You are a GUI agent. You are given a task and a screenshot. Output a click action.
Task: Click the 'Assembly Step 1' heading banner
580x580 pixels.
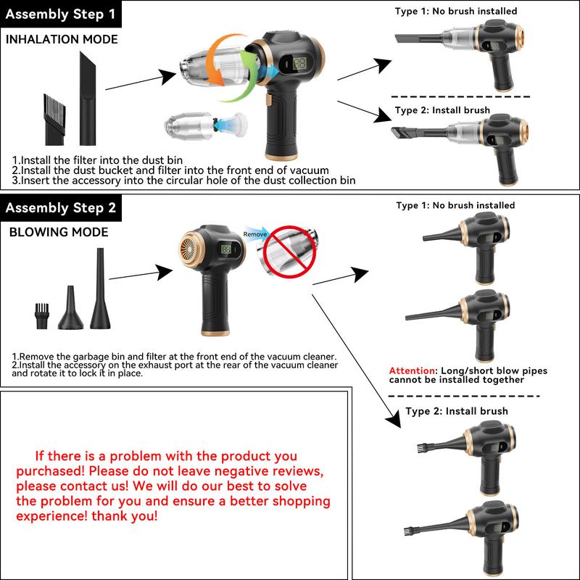click(61, 13)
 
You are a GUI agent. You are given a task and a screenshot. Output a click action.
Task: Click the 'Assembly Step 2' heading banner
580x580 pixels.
click(61, 208)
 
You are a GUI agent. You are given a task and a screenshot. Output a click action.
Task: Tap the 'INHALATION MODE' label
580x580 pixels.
click(62, 39)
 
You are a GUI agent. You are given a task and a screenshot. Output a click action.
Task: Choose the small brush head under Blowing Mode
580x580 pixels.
click(41, 317)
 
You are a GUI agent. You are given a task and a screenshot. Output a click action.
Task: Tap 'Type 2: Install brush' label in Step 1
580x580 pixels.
click(442, 110)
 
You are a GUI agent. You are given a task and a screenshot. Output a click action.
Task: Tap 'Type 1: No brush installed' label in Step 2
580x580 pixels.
click(455, 206)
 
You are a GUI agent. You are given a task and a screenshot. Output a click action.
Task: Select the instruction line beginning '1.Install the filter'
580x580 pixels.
click(97, 159)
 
